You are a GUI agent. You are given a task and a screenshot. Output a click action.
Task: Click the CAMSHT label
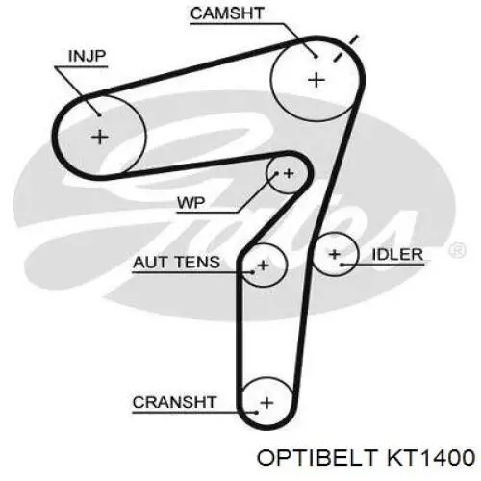point(227,13)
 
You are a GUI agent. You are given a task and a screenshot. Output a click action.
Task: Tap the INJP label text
point(87,56)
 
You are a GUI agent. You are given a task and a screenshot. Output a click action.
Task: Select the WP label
point(191,203)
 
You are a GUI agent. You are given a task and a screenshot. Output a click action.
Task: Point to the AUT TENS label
point(176,263)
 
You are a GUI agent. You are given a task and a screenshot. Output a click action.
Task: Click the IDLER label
point(397,255)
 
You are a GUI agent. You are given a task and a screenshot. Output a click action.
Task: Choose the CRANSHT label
point(175,402)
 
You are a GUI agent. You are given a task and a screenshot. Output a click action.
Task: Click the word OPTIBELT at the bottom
point(316,457)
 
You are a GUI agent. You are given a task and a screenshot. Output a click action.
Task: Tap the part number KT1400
point(431,457)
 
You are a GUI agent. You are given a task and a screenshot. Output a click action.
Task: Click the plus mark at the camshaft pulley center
point(316,80)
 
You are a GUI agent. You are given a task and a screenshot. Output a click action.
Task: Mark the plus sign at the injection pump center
point(100,137)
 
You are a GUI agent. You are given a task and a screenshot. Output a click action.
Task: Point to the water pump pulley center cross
point(289,173)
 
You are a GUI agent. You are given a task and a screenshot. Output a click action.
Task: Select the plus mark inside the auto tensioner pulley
point(264,266)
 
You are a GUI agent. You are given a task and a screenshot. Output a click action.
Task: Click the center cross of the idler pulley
point(335,254)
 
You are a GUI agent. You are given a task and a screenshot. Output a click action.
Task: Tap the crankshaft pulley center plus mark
point(267,403)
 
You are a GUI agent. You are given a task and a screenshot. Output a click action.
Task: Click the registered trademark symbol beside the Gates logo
point(458,250)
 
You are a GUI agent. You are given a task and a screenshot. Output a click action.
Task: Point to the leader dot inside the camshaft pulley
point(316,57)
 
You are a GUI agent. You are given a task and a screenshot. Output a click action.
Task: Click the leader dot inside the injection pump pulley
point(99,114)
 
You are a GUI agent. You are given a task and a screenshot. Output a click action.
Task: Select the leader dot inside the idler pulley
point(342,265)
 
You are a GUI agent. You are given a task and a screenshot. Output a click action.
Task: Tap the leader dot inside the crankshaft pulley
point(256,413)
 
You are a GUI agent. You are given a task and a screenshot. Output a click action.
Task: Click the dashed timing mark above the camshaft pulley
point(345,48)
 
